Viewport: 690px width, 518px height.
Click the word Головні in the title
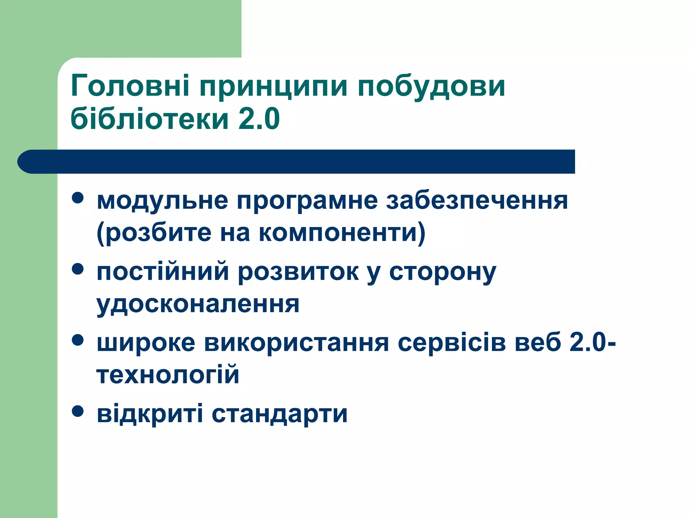130,86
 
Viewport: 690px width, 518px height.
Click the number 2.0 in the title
259,119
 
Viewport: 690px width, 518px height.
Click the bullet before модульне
78,198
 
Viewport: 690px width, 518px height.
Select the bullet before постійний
78,269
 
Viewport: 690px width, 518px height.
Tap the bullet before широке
78,340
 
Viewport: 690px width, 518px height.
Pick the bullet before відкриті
78,411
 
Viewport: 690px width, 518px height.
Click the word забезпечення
477,201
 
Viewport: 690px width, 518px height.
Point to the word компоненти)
342,233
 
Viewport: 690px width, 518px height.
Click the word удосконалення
198,305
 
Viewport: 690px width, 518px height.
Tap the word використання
296,343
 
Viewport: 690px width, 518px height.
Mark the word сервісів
452,343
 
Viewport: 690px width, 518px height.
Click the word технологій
168,375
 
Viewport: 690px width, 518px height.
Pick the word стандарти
279,414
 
